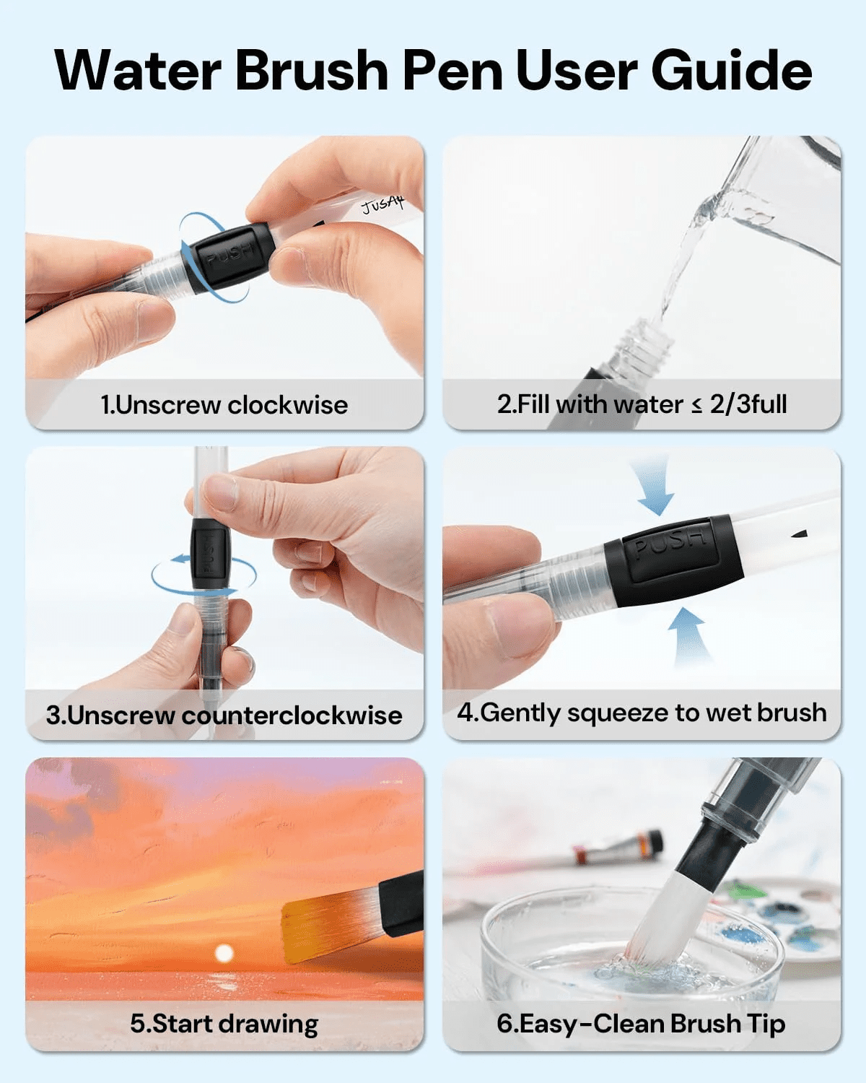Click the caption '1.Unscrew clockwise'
click(x=224, y=404)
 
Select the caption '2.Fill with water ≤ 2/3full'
click(x=642, y=404)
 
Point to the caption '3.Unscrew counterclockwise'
click(x=224, y=715)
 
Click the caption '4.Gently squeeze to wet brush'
click(x=642, y=713)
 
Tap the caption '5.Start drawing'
click(x=224, y=1024)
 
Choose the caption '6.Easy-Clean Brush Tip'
click(x=642, y=1023)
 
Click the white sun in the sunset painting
click(x=224, y=952)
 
